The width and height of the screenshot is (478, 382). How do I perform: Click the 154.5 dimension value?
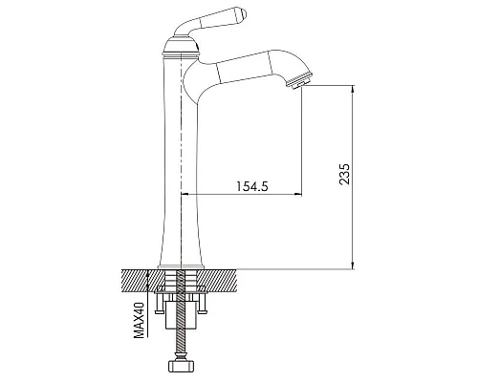(x=251, y=186)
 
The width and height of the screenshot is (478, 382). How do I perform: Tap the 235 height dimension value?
(x=344, y=174)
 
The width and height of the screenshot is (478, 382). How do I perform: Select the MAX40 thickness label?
(x=139, y=320)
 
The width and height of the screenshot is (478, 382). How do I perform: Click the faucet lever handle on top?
(x=211, y=21)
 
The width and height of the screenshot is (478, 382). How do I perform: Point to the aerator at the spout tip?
(x=299, y=80)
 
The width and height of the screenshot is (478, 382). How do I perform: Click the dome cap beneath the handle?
(x=181, y=45)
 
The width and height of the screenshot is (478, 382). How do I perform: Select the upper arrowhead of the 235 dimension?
(x=353, y=89)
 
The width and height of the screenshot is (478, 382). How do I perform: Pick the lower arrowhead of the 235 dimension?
(x=353, y=265)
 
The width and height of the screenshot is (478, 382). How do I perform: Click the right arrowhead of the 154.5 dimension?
(x=297, y=194)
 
